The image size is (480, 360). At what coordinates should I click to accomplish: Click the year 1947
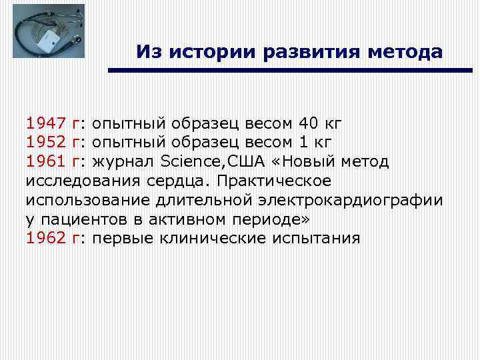coord(45,123)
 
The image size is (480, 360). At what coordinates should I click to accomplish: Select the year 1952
coord(45,143)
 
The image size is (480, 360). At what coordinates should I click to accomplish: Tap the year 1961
coord(45,162)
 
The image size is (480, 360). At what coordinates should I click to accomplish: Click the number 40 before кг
coord(309,123)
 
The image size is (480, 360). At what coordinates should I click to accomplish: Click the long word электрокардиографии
coord(353,200)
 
